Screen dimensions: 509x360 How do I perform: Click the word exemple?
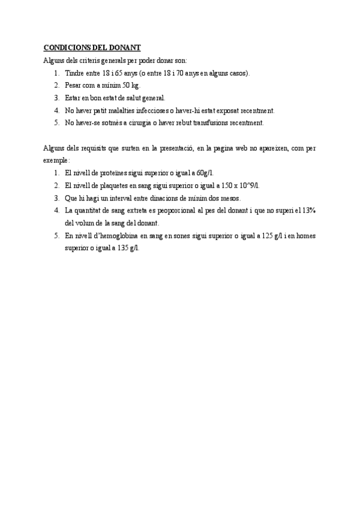[x=56, y=160]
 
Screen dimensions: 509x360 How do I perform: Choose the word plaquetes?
[x=106, y=185]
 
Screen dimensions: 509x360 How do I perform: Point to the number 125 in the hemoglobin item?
[x=267, y=235]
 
